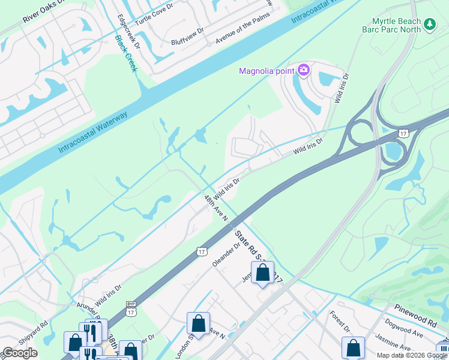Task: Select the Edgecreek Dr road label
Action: coord(128,31)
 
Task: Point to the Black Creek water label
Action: coord(126,53)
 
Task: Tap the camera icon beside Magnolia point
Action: coord(304,70)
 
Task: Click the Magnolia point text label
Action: coord(267,71)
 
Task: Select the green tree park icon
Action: coord(429,24)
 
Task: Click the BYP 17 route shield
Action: coord(130,309)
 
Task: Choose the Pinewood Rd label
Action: coord(417,311)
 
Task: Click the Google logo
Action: coord(20,353)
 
